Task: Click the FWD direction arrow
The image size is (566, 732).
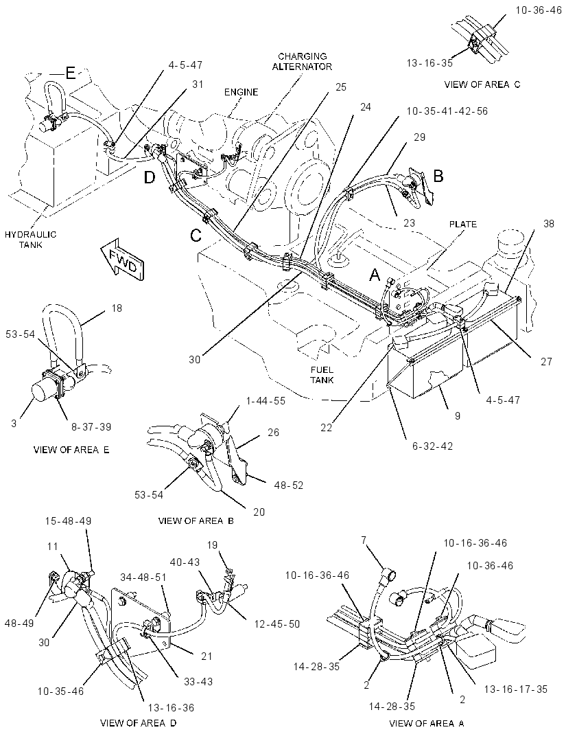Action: [x=123, y=261]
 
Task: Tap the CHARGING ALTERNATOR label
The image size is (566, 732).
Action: [x=302, y=62]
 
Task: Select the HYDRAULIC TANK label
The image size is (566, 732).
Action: [x=30, y=239]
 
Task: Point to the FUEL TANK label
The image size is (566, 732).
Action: [x=322, y=375]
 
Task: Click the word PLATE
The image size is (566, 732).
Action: [x=463, y=224]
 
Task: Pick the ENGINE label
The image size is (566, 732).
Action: [x=241, y=92]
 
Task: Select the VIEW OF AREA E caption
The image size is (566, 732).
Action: [x=71, y=450]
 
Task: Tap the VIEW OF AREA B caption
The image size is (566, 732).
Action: [x=196, y=521]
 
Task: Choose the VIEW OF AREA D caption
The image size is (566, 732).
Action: [x=139, y=723]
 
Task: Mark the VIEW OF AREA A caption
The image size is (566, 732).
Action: [x=427, y=723]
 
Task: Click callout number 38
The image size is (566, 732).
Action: [x=549, y=224]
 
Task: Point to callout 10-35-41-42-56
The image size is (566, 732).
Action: [x=447, y=111]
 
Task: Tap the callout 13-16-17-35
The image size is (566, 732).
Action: [x=515, y=689]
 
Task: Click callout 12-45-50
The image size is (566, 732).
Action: [x=277, y=624]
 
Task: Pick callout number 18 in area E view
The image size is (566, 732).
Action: [x=117, y=308]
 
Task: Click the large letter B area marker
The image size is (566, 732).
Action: [x=438, y=176]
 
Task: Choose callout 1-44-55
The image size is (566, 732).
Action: [x=265, y=401]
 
